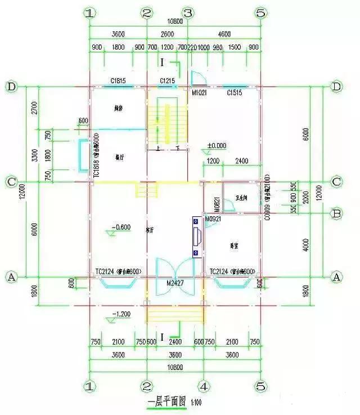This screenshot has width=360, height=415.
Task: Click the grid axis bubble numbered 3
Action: [x=188, y=12]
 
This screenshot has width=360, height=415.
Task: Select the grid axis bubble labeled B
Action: [x=336, y=214]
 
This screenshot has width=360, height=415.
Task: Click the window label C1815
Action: [x=118, y=81]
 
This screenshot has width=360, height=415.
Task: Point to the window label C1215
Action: [x=167, y=81]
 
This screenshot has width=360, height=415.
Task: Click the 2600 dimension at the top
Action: [x=167, y=34]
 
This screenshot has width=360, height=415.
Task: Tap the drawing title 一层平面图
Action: [x=167, y=403]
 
